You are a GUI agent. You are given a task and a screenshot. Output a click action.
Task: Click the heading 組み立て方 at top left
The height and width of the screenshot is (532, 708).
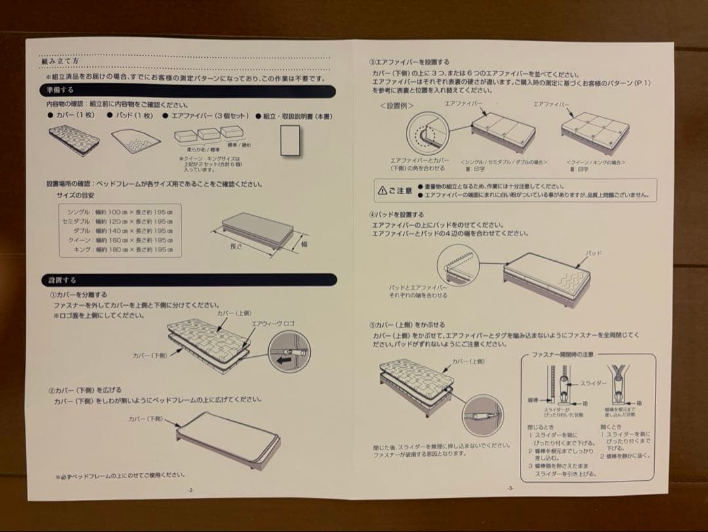click(x=60, y=61)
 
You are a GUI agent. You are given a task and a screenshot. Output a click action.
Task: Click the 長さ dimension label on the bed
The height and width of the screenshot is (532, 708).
click(x=237, y=247)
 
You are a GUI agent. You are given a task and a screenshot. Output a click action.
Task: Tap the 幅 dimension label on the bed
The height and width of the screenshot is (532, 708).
click(x=304, y=244)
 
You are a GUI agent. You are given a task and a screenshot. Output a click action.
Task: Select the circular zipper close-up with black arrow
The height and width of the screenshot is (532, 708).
click(x=291, y=355)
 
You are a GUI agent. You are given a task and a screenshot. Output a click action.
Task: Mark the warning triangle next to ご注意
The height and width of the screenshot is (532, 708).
click(x=383, y=191)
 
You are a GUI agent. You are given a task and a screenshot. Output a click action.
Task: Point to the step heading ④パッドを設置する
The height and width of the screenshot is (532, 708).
click(x=397, y=215)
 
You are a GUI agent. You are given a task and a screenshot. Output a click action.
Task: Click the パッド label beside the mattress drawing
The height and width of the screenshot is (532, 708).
click(x=594, y=253)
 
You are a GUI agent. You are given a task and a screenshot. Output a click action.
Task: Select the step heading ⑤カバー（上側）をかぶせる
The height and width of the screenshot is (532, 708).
click(x=406, y=325)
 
